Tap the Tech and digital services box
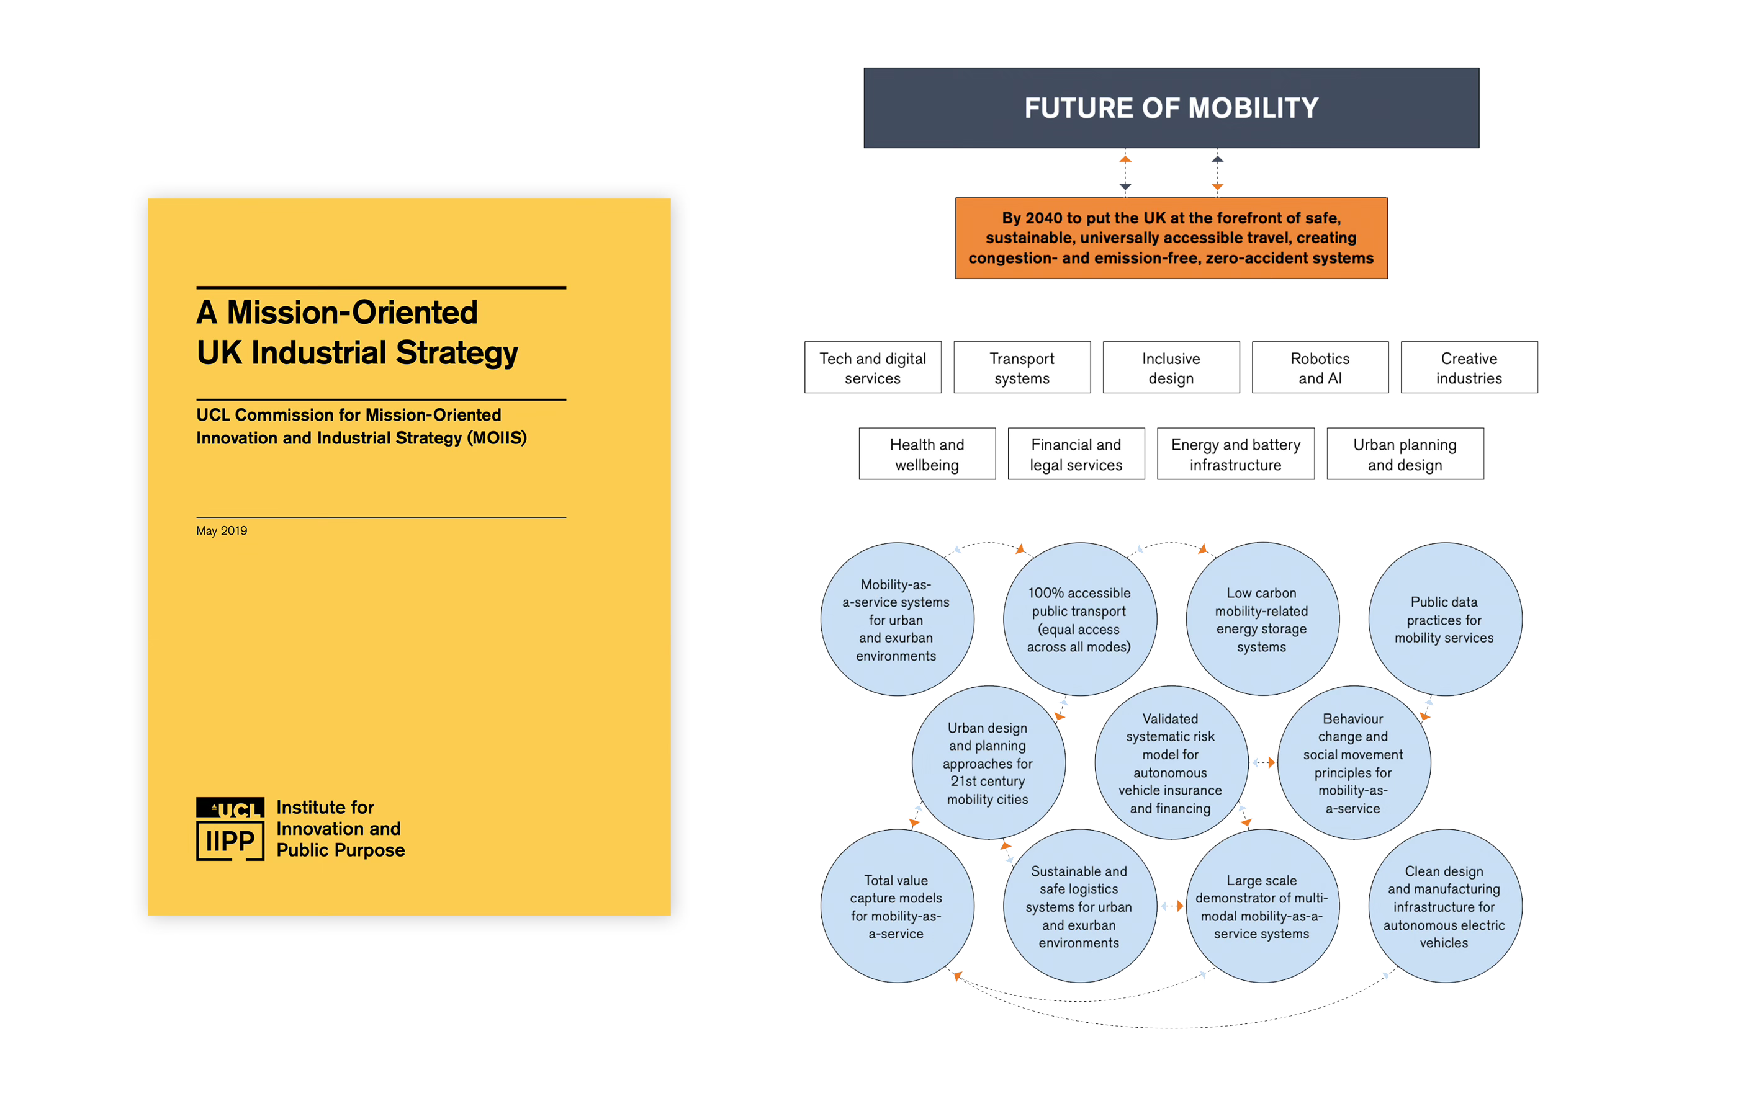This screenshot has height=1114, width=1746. coord(872,367)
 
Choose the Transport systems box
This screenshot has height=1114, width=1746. coord(1022,367)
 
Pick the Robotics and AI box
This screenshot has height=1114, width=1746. coord(1320,367)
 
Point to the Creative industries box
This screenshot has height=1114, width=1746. coord(1469,367)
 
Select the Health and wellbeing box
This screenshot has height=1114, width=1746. coord(927,453)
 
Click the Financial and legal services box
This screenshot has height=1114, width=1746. coord(1076,453)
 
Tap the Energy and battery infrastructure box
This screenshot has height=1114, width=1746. coord(1236,453)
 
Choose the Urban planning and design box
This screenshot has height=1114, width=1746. coord(1405,453)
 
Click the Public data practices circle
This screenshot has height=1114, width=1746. coord(1444,620)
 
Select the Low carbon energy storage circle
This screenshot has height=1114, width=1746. coord(1262,620)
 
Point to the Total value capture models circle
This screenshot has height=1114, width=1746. coord(896,906)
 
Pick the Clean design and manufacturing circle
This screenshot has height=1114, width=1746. coord(1444,906)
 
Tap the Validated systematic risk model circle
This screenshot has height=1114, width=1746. coord(1170,762)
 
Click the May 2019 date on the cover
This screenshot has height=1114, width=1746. coord(221,530)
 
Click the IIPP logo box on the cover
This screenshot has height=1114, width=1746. coord(230,840)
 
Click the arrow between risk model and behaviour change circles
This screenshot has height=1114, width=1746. coord(1262,762)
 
